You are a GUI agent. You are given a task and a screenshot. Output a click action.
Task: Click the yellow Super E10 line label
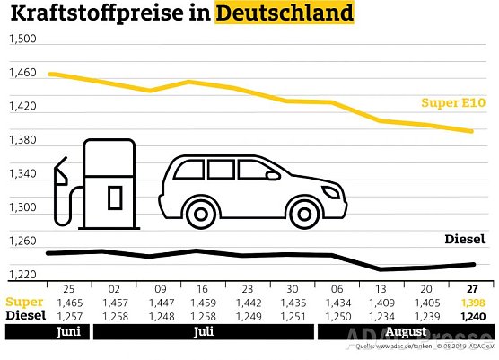(x=453, y=103)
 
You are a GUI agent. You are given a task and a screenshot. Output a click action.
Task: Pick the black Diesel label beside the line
(x=465, y=239)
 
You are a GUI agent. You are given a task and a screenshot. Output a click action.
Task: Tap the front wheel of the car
(x=299, y=207)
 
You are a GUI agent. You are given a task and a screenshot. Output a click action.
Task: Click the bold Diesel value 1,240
(x=470, y=317)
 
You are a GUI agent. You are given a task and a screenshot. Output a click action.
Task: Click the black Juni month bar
(x=45, y=332)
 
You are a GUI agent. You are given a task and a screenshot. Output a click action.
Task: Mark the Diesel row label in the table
(x=24, y=317)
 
